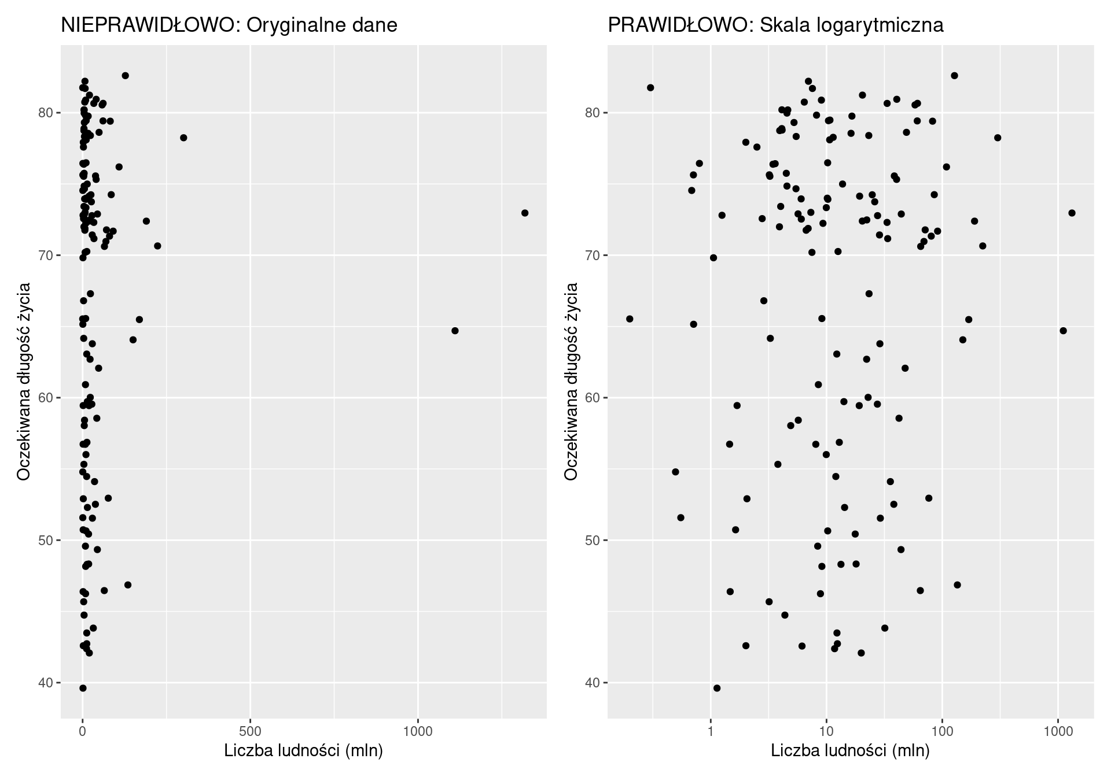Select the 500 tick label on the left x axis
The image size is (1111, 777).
(250, 731)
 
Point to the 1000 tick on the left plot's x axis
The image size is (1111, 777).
(418, 731)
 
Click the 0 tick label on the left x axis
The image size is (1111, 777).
(83, 731)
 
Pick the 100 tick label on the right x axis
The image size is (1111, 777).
(942, 731)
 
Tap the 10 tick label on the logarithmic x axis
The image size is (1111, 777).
(826, 731)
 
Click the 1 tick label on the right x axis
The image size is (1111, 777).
(711, 731)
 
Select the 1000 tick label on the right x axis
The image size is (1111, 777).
(1058, 731)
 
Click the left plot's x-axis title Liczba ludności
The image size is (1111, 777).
(303, 751)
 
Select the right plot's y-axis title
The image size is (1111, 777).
(571, 382)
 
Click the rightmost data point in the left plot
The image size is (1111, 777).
(525, 213)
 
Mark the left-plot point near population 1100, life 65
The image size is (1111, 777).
(455, 331)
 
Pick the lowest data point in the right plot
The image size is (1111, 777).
(717, 688)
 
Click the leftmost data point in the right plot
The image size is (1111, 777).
(630, 319)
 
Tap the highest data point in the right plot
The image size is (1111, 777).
(954, 76)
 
